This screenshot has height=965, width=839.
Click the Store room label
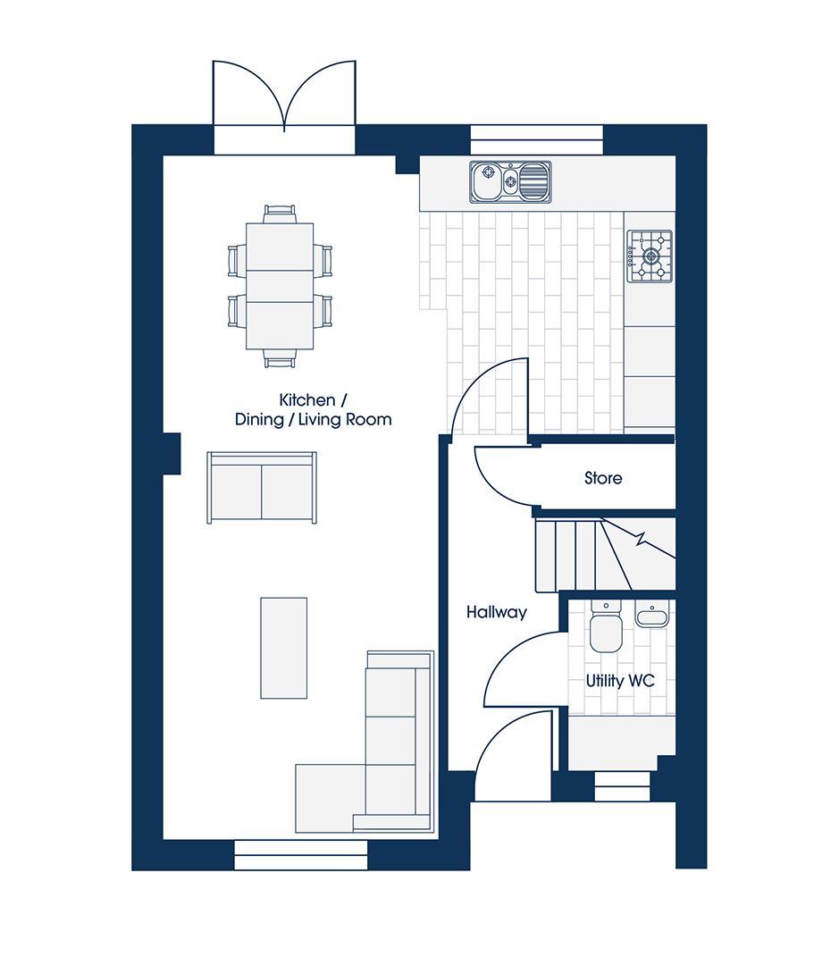[602, 478]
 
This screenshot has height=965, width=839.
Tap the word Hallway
[496, 612]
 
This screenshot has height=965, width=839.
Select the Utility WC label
[620, 681]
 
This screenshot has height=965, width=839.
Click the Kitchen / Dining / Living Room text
[313, 410]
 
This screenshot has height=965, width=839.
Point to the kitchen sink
[510, 182]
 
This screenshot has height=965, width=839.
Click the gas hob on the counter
[650, 256]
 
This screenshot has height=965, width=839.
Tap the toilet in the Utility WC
[607, 625]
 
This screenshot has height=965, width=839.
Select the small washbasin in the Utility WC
[652, 615]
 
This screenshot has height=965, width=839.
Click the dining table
[280, 286]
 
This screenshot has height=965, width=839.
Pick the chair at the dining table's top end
[280, 214]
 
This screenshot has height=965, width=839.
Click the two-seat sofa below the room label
[262, 488]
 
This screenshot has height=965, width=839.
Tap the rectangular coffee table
[284, 648]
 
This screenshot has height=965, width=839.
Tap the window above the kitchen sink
[537, 139]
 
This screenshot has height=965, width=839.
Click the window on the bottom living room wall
[301, 855]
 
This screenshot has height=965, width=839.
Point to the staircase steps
[605, 555]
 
